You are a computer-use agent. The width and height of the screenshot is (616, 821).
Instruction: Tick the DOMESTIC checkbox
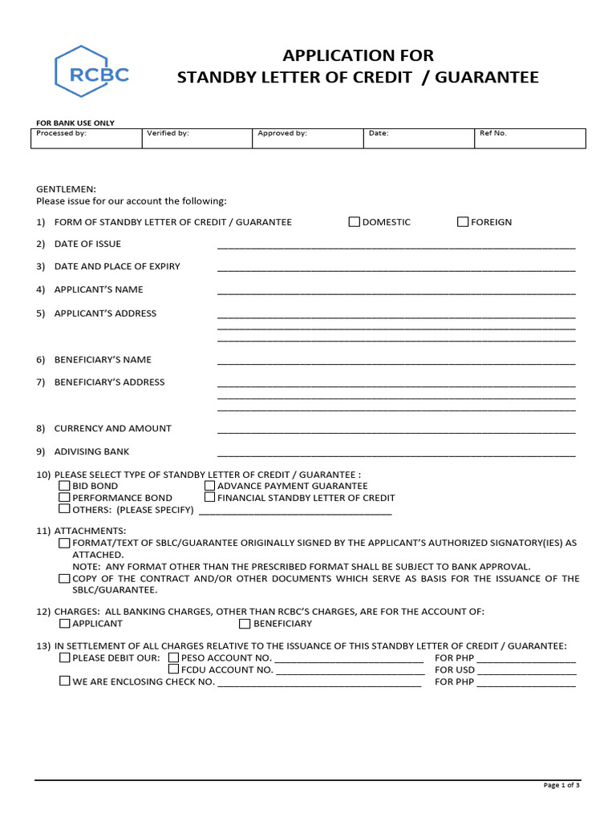pyautogui.click(x=354, y=222)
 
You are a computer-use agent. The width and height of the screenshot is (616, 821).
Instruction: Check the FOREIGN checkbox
pyautogui.click(x=463, y=222)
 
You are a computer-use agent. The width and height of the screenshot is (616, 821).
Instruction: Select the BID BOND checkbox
pyautogui.click(x=64, y=486)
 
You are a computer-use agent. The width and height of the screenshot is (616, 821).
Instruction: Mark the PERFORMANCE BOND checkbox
pyautogui.click(x=64, y=498)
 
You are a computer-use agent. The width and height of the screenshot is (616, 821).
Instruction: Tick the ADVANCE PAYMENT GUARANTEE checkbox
pyautogui.click(x=209, y=486)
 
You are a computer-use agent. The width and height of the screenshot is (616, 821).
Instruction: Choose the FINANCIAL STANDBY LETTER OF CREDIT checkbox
pyautogui.click(x=209, y=498)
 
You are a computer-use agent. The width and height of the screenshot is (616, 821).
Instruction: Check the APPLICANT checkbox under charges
pyautogui.click(x=64, y=624)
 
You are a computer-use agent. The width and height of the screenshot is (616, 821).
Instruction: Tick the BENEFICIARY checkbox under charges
pyautogui.click(x=245, y=624)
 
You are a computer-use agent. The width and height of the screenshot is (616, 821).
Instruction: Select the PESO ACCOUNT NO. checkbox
pyautogui.click(x=173, y=658)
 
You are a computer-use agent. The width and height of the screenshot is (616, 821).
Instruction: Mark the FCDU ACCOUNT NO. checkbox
pyautogui.click(x=173, y=669)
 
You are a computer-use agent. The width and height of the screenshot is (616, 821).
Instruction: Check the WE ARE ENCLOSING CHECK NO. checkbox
pyautogui.click(x=64, y=681)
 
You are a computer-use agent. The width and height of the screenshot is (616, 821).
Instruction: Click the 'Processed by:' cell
pyautogui.click(x=87, y=138)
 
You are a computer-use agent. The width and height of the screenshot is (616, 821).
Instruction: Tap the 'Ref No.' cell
pyautogui.click(x=529, y=138)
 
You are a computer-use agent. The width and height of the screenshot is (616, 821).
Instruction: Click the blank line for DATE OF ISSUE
pyautogui.click(x=396, y=245)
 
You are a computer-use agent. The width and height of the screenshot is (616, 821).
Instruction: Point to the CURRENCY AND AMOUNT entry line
pyautogui.click(x=396, y=430)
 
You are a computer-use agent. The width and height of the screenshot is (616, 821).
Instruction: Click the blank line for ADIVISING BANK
pyautogui.click(x=396, y=453)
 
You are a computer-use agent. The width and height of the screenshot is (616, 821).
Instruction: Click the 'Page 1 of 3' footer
pyautogui.click(x=561, y=786)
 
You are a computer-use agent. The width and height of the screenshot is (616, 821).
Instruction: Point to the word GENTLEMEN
pyautogui.click(x=66, y=189)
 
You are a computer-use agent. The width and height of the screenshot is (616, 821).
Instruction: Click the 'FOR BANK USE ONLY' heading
pyautogui.click(x=75, y=123)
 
